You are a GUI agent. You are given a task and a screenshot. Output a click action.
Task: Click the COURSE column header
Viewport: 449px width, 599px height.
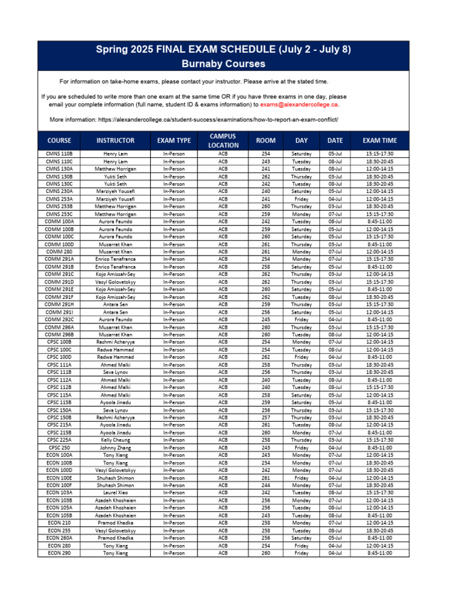click(x=59, y=140)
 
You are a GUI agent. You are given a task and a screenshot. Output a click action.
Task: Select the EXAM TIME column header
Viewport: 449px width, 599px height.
click(x=379, y=140)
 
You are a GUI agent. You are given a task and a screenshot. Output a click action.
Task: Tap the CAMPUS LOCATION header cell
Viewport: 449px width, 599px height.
click(x=223, y=140)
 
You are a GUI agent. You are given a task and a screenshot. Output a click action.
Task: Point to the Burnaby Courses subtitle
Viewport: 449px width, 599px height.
click(x=223, y=64)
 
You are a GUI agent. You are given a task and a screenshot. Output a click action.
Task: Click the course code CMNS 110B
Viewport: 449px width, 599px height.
click(x=59, y=154)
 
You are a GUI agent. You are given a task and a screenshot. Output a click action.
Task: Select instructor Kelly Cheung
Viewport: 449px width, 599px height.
click(x=115, y=440)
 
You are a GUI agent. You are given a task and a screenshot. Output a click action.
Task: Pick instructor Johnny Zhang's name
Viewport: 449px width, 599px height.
click(x=115, y=447)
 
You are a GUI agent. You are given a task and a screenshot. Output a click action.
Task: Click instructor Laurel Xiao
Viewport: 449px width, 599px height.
click(x=115, y=493)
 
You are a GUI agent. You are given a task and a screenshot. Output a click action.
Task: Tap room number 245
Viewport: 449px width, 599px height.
click(x=266, y=319)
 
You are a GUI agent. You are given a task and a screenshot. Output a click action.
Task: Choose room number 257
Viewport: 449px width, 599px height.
click(x=266, y=418)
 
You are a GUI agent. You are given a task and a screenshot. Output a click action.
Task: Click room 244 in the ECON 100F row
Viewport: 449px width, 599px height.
click(x=266, y=485)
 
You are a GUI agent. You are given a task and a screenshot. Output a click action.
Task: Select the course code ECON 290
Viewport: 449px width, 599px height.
click(x=59, y=553)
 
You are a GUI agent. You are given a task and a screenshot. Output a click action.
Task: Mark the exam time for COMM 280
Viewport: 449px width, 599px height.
click(x=379, y=252)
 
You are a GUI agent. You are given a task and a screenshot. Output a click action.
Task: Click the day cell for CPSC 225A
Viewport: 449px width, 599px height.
click(x=302, y=440)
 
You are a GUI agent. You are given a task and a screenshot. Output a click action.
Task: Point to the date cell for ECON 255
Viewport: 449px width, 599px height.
click(x=335, y=531)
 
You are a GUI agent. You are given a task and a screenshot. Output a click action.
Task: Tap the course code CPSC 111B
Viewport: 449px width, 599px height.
click(x=59, y=372)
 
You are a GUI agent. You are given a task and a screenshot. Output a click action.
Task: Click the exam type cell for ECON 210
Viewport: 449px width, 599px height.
click(x=174, y=523)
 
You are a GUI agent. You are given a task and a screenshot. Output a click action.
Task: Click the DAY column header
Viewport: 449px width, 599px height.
click(x=302, y=140)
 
